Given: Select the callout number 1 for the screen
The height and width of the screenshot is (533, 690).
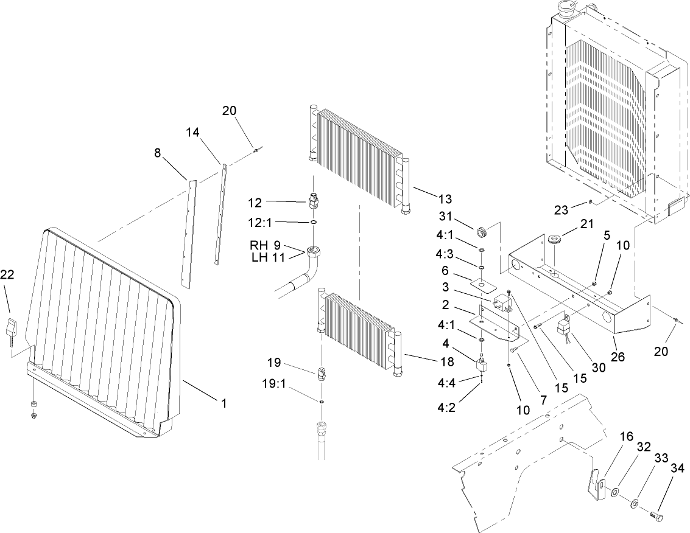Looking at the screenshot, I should (x=224, y=403).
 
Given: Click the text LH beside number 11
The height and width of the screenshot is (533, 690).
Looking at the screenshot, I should (x=259, y=257).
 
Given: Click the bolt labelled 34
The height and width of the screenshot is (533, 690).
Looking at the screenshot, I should (x=655, y=517).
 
